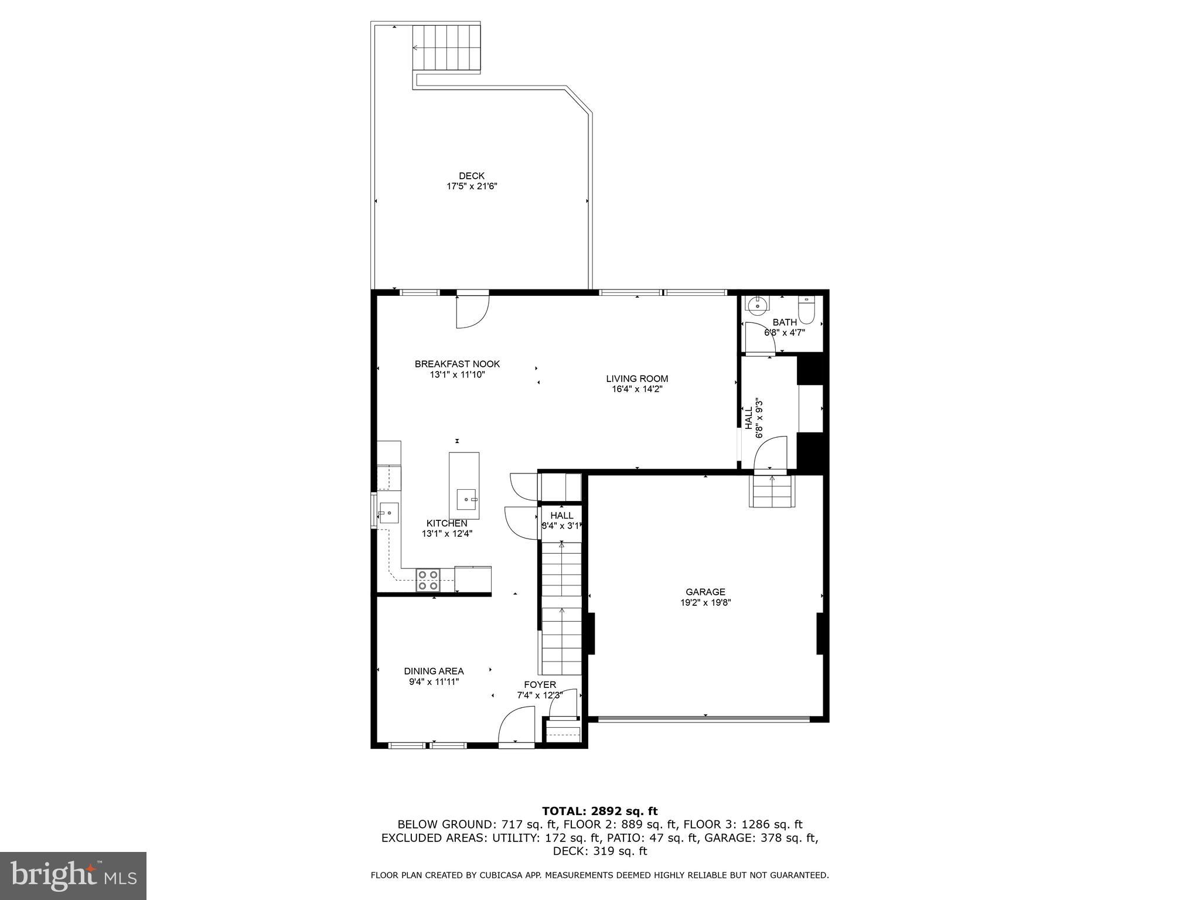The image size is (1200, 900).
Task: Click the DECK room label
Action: coord(472,176)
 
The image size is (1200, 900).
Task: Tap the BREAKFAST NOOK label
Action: coord(457,364)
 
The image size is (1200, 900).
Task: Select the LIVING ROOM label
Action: coord(637,379)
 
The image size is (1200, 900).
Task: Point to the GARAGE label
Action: coord(705,592)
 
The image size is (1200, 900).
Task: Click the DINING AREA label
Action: coord(434,671)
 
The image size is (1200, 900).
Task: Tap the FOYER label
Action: coord(540,684)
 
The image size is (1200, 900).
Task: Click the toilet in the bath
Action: coord(806,311)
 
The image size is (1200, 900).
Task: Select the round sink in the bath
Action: coord(758,304)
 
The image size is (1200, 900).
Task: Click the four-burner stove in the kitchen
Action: coord(428,579)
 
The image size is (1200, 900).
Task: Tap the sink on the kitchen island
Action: coord(467,500)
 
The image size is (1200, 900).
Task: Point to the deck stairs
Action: coord(446,48)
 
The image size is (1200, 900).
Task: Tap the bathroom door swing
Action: coord(759,338)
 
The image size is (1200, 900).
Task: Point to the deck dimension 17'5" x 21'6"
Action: coord(472,186)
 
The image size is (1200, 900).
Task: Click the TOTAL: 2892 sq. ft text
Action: coord(599,811)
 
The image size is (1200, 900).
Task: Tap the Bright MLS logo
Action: coord(73,876)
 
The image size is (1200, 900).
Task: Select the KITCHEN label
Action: coord(446,523)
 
